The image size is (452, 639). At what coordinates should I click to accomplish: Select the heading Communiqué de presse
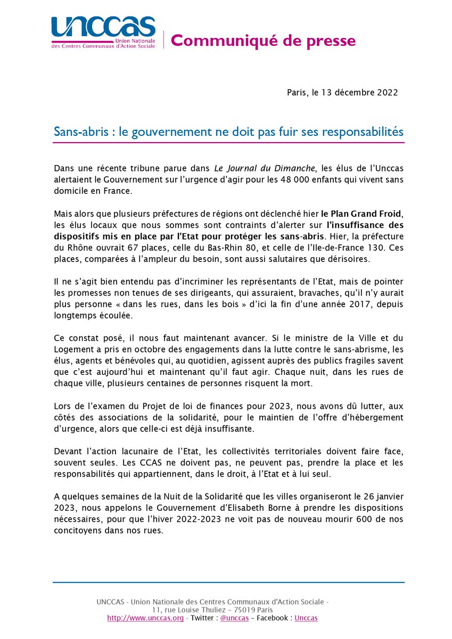click(x=263, y=40)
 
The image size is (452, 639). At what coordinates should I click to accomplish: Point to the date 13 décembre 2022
click(x=363, y=93)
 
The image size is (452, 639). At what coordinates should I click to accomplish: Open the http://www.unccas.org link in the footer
click(x=145, y=618)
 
